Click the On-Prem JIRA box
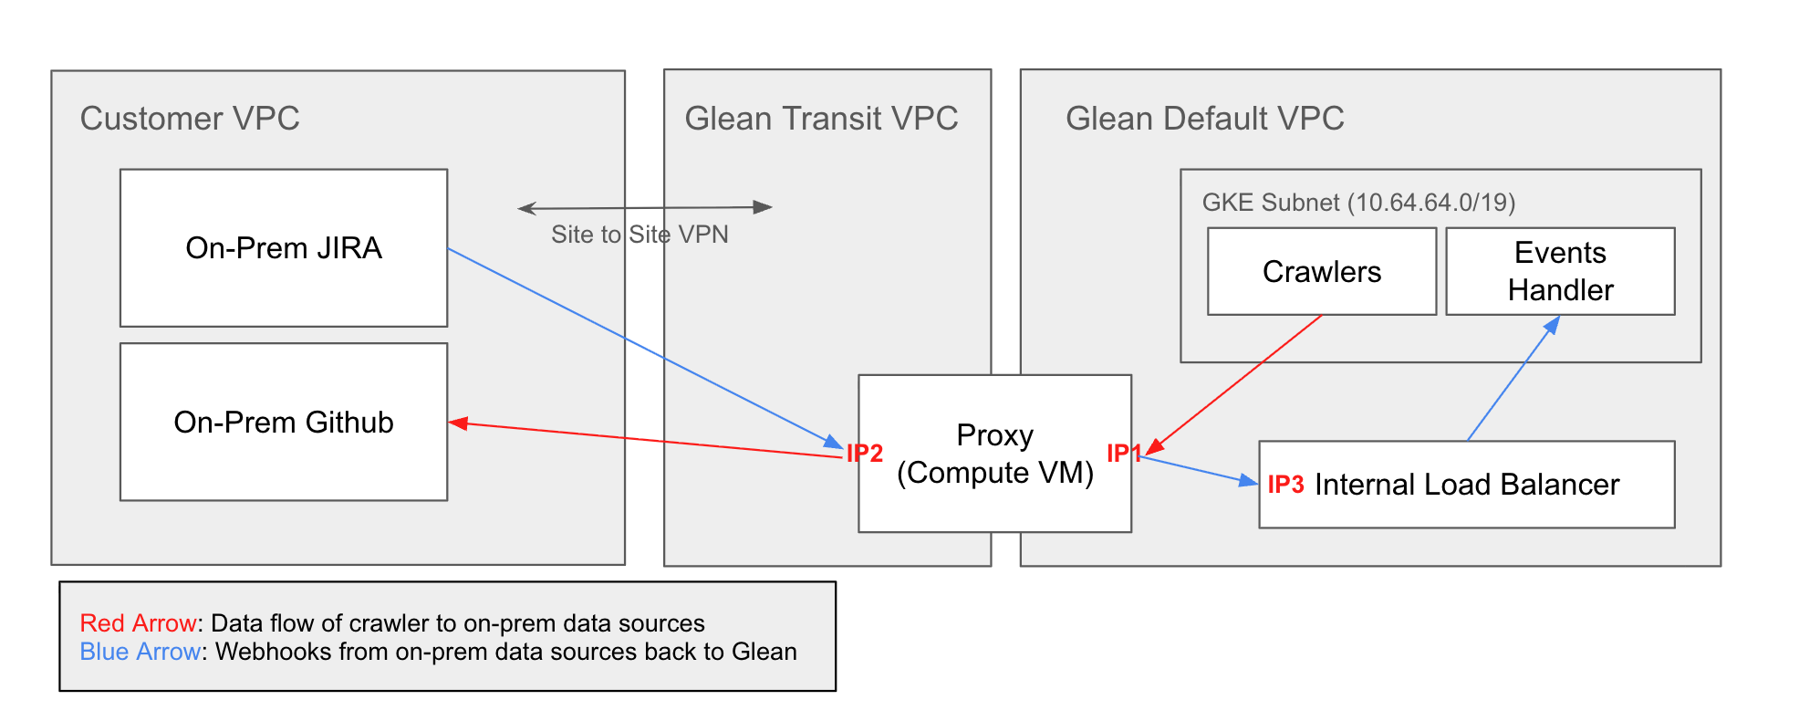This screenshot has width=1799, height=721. [x=283, y=247]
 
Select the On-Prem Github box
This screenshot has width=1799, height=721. [x=283, y=422]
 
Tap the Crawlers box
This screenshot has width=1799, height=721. [x=1321, y=271]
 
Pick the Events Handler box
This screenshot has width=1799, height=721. [x=1560, y=271]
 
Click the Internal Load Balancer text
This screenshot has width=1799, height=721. [x=1466, y=484]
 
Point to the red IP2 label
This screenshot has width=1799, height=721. [x=864, y=453]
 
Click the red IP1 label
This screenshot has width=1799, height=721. [x=1122, y=453]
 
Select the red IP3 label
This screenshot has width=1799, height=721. [x=1284, y=484]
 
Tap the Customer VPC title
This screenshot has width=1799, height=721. [x=190, y=119]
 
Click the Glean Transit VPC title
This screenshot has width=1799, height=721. [x=821, y=119]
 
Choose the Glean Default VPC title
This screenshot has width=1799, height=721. [x=1204, y=119]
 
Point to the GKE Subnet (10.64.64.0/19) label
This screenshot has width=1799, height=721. [x=1357, y=202]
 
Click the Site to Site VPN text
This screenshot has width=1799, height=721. [x=640, y=235]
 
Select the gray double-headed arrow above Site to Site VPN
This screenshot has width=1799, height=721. [x=644, y=208]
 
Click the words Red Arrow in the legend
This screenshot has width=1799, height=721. [x=138, y=623]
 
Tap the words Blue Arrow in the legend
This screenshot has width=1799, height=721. [x=140, y=652]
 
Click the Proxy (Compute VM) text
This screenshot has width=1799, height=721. [x=994, y=454]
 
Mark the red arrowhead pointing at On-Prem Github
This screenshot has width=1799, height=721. [x=458, y=423]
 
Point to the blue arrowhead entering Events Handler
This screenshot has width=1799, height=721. [x=1552, y=325]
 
